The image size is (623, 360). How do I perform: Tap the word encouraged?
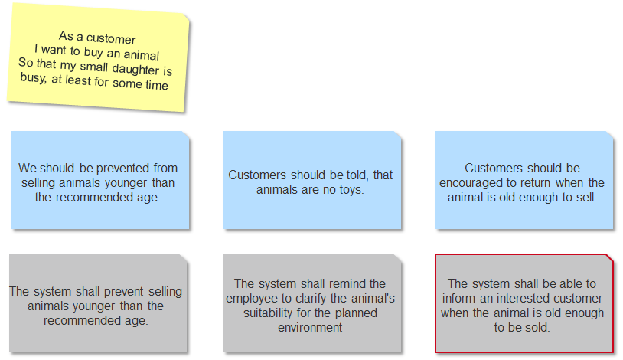tap(471, 183)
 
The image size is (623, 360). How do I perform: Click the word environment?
tap(310, 327)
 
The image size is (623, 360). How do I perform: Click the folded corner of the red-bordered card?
tap(608, 259)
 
